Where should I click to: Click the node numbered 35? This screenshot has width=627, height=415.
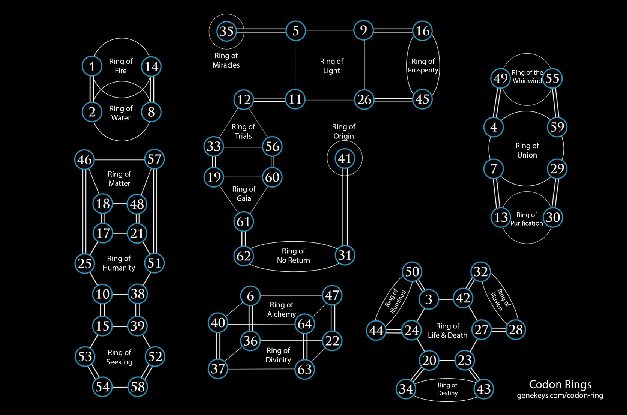point(226,31)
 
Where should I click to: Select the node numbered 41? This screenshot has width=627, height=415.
point(345,158)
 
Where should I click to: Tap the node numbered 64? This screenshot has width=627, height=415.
point(304,323)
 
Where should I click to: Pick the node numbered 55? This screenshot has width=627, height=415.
point(552,78)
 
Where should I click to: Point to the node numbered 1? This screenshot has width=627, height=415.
point(92,66)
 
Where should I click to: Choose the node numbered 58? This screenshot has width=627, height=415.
point(138,387)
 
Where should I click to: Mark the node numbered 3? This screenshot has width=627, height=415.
point(429,299)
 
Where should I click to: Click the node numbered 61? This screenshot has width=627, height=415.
point(244,221)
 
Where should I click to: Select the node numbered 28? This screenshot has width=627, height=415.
point(516,329)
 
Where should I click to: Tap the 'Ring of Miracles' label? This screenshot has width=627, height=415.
point(226,60)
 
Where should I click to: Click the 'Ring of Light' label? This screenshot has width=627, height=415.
point(331,66)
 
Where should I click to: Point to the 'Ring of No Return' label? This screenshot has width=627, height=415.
point(293,255)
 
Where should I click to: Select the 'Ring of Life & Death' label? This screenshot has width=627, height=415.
point(447,330)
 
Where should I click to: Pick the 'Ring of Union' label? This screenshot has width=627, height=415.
point(527,150)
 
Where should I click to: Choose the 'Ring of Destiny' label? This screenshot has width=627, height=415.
point(447,389)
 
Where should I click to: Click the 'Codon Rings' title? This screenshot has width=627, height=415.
point(560,384)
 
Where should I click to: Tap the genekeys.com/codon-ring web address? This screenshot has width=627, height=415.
point(560,395)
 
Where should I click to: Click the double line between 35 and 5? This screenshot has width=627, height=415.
point(265,30)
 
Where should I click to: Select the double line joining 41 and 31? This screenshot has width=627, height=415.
point(345,210)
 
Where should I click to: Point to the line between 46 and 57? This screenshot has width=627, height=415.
point(119,159)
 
